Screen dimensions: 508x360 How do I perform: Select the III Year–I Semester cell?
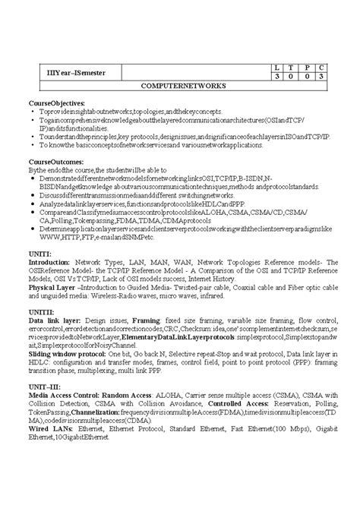tap(65, 72)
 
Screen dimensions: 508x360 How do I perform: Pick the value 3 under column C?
tap(321, 77)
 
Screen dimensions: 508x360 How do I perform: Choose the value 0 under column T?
tap(292, 77)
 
